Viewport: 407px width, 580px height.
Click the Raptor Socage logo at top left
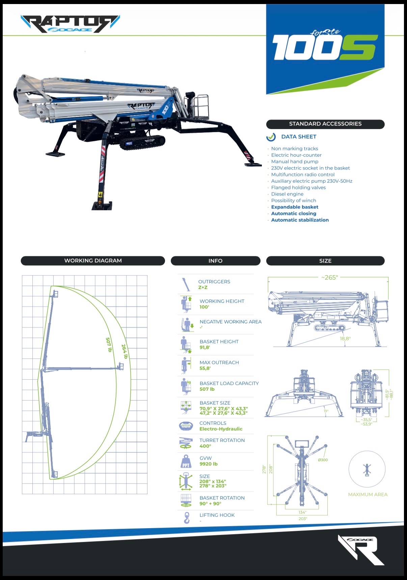(70, 24)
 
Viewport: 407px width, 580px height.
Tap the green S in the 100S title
(357, 47)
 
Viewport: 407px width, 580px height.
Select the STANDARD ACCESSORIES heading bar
(325, 124)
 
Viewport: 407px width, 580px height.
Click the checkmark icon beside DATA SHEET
(271, 137)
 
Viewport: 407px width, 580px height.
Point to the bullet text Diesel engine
(287, 194)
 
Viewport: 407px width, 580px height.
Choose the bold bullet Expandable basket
(295, 207)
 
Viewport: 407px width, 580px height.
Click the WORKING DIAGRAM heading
(93, 261)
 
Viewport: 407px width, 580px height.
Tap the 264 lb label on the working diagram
(125, 351)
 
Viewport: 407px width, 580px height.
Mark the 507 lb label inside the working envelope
(109, 345)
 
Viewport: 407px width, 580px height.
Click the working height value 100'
(204, 307)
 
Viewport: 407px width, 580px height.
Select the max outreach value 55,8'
(205, 368)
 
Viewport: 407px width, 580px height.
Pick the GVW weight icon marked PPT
(186, 461)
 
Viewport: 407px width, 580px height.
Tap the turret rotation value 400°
(205, 446)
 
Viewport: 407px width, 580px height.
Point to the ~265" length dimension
(329, 278)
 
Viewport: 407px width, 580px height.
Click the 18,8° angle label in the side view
(345, 339)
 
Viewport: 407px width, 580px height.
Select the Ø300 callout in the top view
(323, 460)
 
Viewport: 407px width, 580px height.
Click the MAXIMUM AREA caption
(368, 494)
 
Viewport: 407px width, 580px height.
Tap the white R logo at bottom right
(363, 550)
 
